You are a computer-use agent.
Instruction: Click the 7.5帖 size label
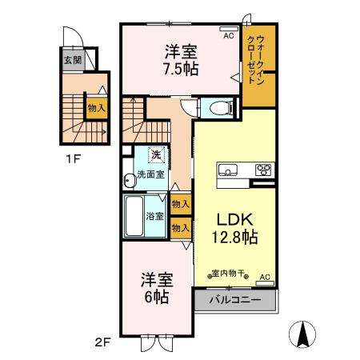coord(182,68)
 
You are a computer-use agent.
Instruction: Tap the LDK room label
coord(234,218)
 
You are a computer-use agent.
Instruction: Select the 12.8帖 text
coord(234,237)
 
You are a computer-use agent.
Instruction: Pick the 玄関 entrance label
coord(72,60)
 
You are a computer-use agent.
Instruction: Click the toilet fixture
coord(218,108)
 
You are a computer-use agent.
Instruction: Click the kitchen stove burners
coord(262,169)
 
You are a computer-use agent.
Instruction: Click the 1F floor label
coord(73,158)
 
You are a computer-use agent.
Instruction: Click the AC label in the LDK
coord(265,277)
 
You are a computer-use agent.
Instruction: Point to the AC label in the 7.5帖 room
coord(229,36)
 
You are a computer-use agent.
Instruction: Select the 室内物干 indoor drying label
coord(229,273)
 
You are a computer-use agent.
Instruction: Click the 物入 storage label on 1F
coord(96,108)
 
